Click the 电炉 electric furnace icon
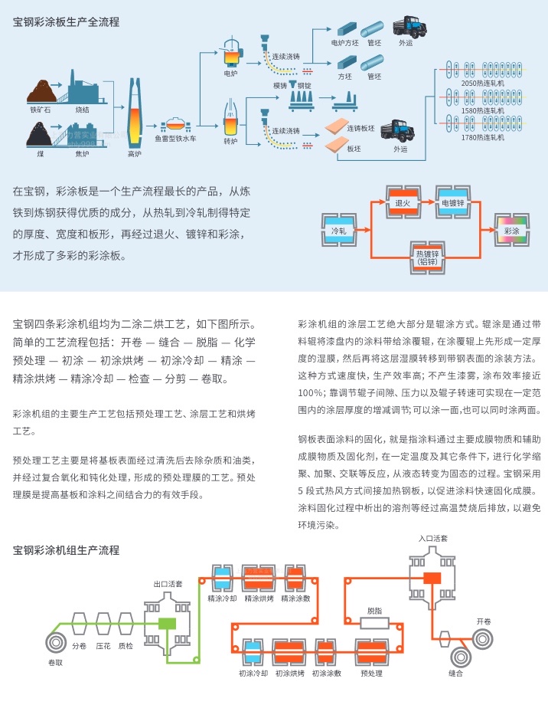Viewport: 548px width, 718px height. (230, 54)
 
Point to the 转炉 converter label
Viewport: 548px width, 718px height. (230, 142)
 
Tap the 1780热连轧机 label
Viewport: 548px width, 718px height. (484, 138)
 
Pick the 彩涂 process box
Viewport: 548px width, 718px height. (511, 230)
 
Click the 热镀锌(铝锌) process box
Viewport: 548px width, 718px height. (427, 255)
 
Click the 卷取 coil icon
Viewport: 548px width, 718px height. (55, 641)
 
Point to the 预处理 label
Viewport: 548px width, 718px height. (371, 674)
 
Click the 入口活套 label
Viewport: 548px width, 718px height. (433, 539)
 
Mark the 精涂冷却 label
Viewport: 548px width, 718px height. (222, 598)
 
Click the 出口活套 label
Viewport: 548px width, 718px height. (168, 584)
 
